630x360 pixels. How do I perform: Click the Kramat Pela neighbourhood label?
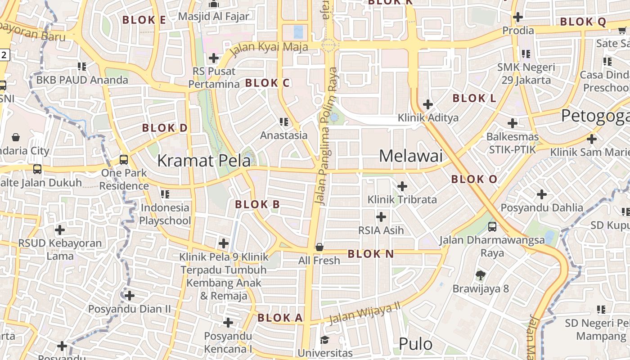(x=203, y=160)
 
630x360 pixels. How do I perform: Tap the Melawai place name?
(x=410, y=156)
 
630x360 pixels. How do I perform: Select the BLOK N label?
(x=371, y=254)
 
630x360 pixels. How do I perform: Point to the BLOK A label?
(x=280, y=318)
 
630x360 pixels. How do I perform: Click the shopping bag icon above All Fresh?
(x=319, y=247)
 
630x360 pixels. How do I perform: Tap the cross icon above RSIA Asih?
(x=381, y=217)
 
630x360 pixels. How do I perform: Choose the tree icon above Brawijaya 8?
(x=480, y=275)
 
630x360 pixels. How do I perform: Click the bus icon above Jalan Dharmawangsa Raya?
(x=492, y=226)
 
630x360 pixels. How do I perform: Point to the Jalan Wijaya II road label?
(x=364, y=313)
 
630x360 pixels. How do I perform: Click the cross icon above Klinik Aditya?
(x=428, y=104)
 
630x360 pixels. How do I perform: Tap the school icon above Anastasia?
(x=283, y=121)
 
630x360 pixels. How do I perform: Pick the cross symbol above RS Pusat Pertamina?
(x=214, y=58)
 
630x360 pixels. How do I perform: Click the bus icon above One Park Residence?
(x=124, y=159)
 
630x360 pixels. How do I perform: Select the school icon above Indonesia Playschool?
(x=165, y=194)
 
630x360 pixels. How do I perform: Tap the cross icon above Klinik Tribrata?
(x=402, y=186)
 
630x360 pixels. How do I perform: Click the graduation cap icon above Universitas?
(x=324, y=340)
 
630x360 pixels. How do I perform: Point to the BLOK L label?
(x=474, y=98)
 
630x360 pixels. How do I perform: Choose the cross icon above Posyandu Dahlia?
(x=542, y=194)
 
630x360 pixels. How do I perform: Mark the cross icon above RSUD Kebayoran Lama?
(x=60, y=230)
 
